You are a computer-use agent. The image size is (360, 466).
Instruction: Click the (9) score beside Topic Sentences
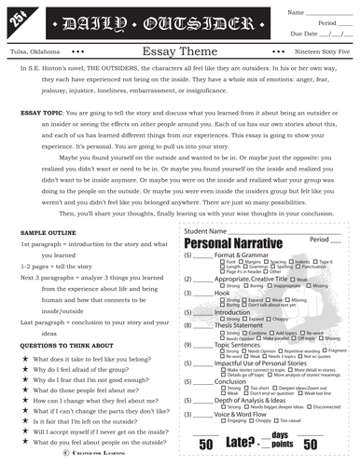189,345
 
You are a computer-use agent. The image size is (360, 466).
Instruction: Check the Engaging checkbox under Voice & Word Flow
222,420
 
